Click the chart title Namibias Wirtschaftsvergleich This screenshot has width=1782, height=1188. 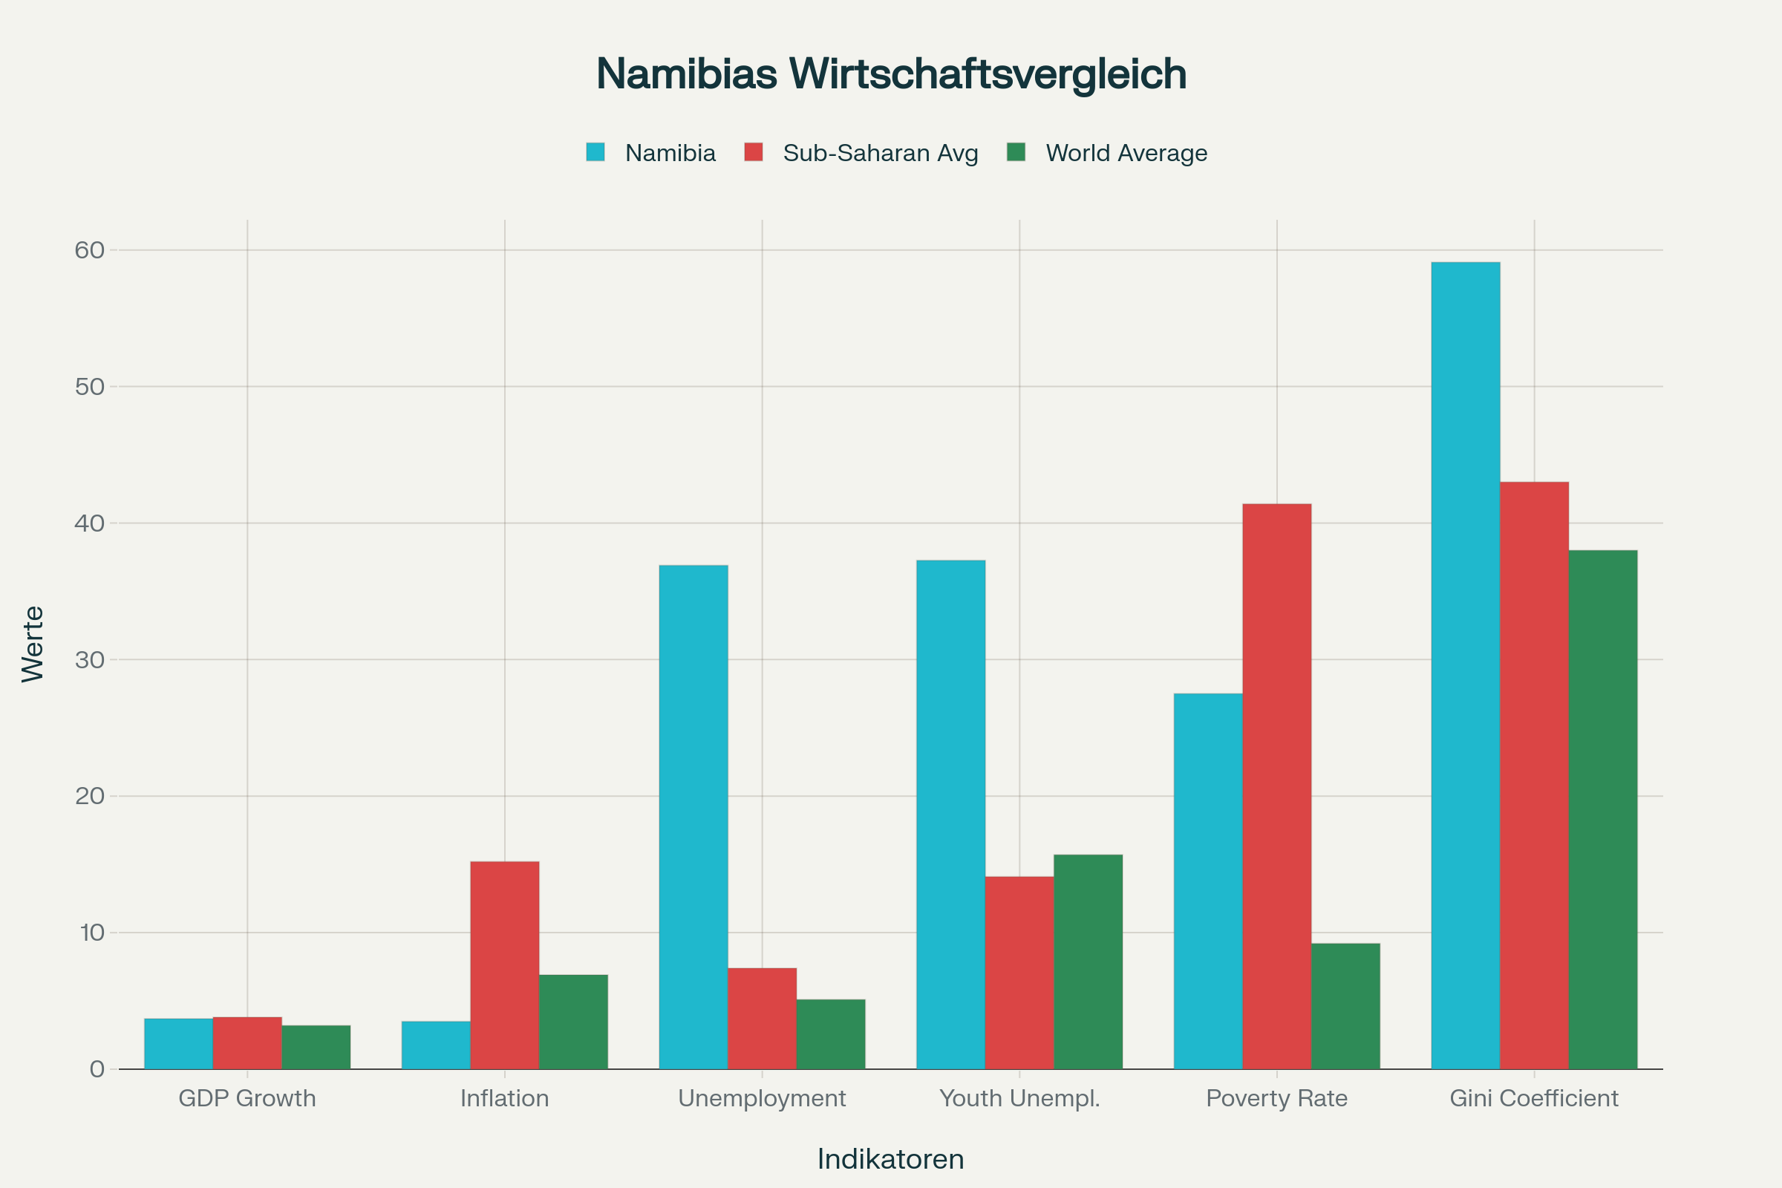[891, 74]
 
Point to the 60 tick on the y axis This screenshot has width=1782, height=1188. [89, 250]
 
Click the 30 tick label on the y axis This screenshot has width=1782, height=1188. [89, 660]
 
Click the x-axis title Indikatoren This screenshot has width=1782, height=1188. [891, 1159]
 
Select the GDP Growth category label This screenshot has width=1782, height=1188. [247, 1099]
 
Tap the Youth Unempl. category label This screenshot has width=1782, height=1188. [1019, 1099]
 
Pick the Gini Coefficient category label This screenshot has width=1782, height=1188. [1534, 1099]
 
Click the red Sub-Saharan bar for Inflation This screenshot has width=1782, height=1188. [505, 965]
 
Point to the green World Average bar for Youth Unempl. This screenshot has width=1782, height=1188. [1088, 962]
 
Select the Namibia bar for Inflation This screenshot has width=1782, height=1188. [436, 1045]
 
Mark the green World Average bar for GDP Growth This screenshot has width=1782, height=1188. [316, 1047]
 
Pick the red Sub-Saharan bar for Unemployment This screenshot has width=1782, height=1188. [763, 1018]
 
